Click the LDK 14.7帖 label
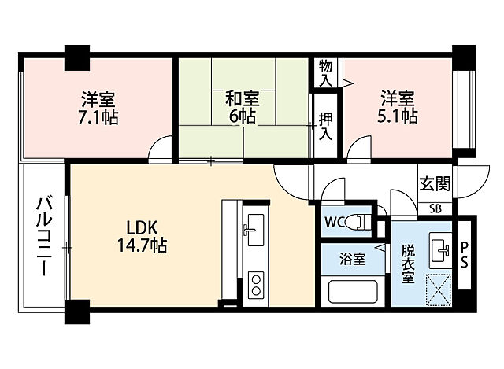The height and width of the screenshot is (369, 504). tap(142, 237)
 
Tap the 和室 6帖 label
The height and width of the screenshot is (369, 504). tap(243, 107)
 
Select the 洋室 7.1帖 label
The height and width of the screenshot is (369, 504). tap(98, 109)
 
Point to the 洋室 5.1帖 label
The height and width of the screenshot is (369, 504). tap(398, 107)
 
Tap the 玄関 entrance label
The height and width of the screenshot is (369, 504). tap(435, 184)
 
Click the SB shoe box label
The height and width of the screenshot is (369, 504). tap(435, 209)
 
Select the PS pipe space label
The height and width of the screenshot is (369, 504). tap(465, 256)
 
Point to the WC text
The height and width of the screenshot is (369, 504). tap(334, 222)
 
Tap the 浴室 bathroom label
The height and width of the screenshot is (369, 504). tap(353, 259)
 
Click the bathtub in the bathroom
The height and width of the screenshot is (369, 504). tap(353, 292)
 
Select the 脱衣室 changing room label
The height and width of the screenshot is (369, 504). tap(408, 264)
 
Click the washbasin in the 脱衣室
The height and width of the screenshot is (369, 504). tap(439, 249)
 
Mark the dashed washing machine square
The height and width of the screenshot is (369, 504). tap(439, 290)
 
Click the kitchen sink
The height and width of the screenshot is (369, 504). tap(254, 230)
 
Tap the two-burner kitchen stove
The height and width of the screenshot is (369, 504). tap(256, 285)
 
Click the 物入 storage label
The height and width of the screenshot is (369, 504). tap(325, 73)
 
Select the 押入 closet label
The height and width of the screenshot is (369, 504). tap(325, 127)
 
